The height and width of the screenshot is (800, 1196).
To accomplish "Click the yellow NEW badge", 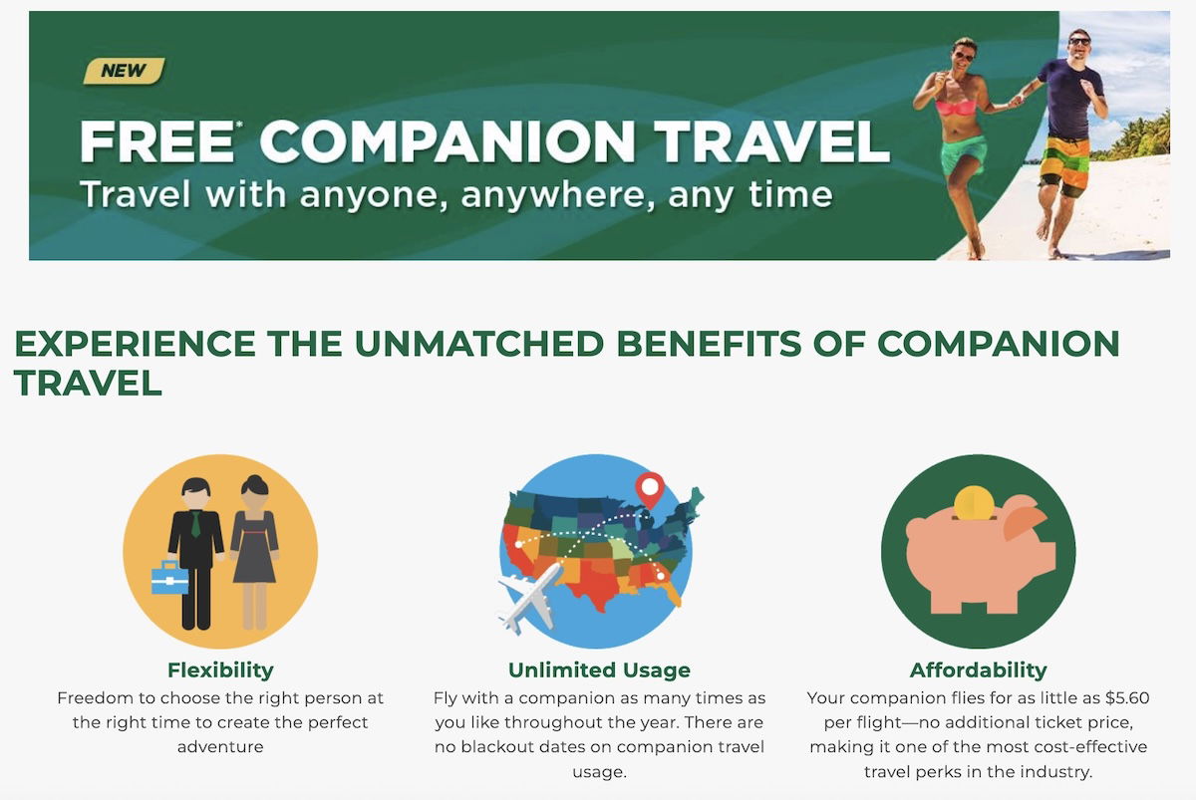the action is pos(124,71).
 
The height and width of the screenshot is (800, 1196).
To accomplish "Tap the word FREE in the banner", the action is pos(157,141).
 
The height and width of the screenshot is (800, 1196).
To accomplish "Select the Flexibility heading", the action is pos(220,669).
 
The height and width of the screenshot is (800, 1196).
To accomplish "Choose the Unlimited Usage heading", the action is pos(599,669).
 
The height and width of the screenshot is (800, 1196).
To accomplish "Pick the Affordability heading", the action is pos(978,669).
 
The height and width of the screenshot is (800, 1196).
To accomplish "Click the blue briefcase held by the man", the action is pos(169,578).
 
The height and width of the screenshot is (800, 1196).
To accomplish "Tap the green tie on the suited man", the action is pos(196,524).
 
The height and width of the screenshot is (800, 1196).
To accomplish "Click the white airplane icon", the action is pos(530,599).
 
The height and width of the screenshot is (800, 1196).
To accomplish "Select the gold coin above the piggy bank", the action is pos(974,503).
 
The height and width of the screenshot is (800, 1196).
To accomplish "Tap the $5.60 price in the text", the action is pos(1126,698).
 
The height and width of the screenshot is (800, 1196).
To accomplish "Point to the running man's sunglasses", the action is pos(1079,42).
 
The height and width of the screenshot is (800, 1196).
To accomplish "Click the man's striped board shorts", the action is pos(1064,165).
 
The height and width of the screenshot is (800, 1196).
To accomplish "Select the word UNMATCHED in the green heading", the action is pos(479,343).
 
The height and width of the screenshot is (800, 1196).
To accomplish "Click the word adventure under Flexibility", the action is pos(220,746).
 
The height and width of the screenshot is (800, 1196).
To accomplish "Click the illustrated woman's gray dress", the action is pos(254,547).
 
